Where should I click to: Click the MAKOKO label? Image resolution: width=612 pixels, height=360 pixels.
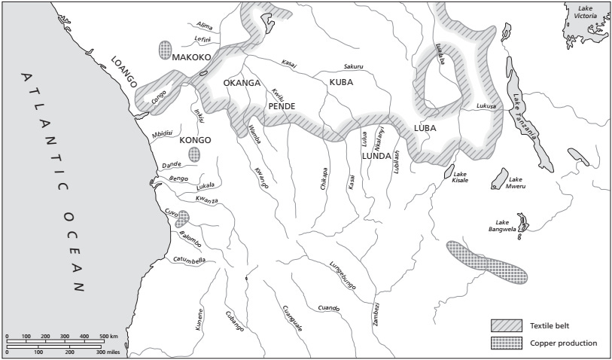click(x=191, y=57)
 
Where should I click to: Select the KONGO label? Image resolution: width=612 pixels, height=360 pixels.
click(x=194, y=139)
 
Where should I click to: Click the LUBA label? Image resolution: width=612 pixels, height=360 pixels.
click(x=425, y=127)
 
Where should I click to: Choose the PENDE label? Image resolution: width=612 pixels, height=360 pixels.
click(x=281, y=106)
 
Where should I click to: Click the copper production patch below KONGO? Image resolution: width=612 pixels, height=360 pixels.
click(x=195, y=154)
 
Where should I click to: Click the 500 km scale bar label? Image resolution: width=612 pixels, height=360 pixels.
click(x=109, y=335)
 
